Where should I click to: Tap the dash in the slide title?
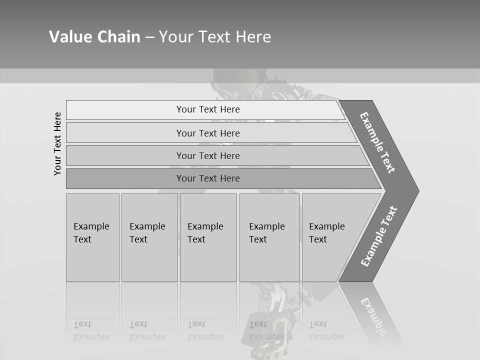(149, 37)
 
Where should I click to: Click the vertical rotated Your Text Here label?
(57, 143)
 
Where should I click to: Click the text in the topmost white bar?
(208, 109)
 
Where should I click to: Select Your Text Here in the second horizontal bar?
(208, 133)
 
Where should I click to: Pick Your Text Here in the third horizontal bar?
(208, 156)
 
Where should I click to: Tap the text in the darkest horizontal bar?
(208, 178)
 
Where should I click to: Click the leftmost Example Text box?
(92, 237)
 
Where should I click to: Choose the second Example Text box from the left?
(149, 237)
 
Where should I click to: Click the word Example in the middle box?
(205, 226)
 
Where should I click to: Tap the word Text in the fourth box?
(258, 239)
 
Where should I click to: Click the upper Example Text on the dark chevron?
(377, 142)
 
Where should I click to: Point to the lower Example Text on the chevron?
(378, 236)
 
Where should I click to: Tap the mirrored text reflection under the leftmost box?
(91, 330)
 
